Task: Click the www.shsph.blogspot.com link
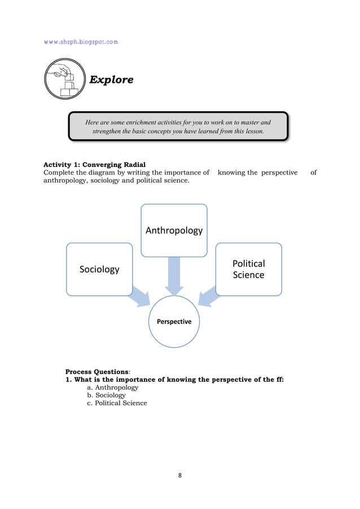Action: coord(81,42)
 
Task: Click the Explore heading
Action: coord(112,80)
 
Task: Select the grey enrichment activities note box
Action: coord(178,126)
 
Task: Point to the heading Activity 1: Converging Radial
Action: coord(95,165)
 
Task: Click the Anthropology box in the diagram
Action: coord(174,230)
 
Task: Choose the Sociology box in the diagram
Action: coord(99,269)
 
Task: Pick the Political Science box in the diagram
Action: coord(248,269)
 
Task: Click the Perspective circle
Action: coord(170,321)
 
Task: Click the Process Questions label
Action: coord(97,372)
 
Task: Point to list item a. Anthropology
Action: coord(112,388)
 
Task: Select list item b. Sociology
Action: coord(106,396)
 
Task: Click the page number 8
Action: coord(180,475)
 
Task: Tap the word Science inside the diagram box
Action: coord(248,275)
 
